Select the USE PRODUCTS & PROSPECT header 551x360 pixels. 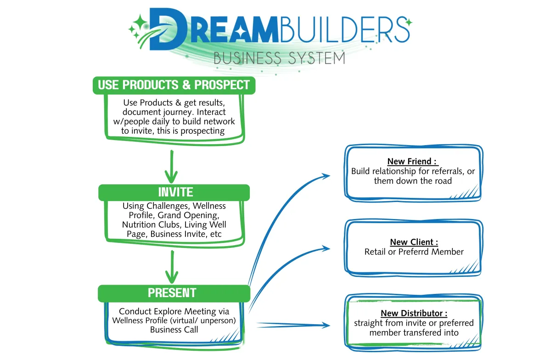point(174,85)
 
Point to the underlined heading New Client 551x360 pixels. point(414,242)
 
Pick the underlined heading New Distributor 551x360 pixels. point(414,313)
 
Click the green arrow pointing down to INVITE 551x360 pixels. point(171,167)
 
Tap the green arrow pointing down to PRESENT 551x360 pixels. point(172,267)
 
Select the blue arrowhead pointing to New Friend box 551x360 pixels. point(325,176)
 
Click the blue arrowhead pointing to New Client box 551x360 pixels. point(325,248)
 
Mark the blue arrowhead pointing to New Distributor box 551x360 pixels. point(326,325)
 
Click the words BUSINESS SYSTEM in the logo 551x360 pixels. point(279,58)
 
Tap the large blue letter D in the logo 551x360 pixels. point(167,29)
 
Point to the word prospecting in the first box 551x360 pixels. point(202,131)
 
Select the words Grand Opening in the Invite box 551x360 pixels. point(188,215)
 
